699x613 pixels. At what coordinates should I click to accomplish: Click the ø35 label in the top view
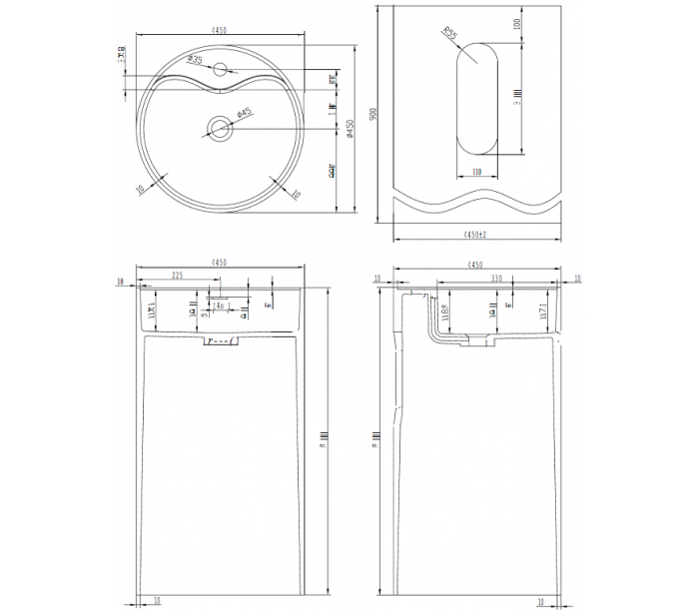click(x=195, y=61)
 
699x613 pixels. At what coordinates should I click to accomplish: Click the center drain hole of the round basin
click(x=219, y=127)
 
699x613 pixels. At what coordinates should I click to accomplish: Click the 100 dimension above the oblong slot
click(x=517, y=23)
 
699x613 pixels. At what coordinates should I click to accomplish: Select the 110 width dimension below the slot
click(x=477, y=173)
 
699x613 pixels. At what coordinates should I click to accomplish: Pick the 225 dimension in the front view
click(x=177, y=276)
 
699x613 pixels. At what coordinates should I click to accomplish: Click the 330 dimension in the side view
click(x=495, y=279)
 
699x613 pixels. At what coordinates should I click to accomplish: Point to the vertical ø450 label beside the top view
click(x=349, y=129)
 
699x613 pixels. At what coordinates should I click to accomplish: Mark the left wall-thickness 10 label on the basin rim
click(x=141, y=186)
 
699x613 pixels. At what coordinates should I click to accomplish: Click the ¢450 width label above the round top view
click(x=219, y=31)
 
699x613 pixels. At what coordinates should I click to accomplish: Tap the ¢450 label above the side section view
click(x=475, y=265)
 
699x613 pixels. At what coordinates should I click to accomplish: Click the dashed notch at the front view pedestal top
click(x=219, y=342)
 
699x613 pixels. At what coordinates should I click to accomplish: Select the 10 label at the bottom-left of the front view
click(x=157, y=601)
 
